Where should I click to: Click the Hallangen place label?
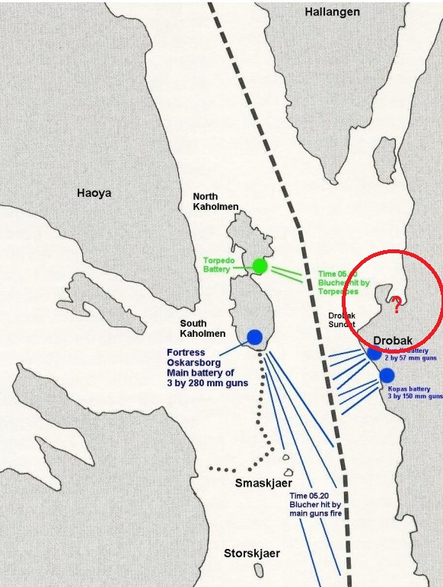331,12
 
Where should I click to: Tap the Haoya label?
94,193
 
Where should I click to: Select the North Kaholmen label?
215,201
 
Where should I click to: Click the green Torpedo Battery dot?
260,265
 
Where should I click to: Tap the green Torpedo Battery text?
219,265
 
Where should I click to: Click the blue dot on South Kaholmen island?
255,337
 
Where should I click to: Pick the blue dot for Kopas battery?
387,375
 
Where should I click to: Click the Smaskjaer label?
263,484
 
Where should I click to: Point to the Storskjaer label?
251,554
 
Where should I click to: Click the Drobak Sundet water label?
320,319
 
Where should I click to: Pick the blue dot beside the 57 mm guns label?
374,353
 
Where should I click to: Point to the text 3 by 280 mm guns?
207,384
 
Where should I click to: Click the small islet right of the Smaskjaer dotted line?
288,458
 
